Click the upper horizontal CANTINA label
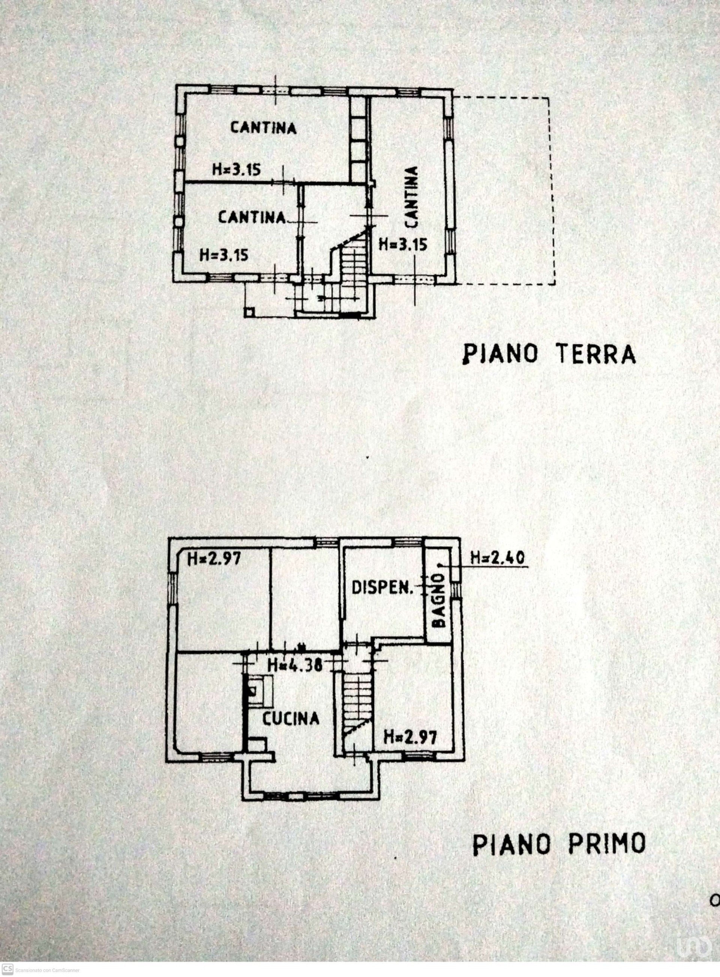coord(264,128)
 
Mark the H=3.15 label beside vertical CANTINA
coord(403,244)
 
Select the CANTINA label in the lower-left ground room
coord(252,217)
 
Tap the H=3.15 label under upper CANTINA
coord(237,169)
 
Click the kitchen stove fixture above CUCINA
coord(260,691)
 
